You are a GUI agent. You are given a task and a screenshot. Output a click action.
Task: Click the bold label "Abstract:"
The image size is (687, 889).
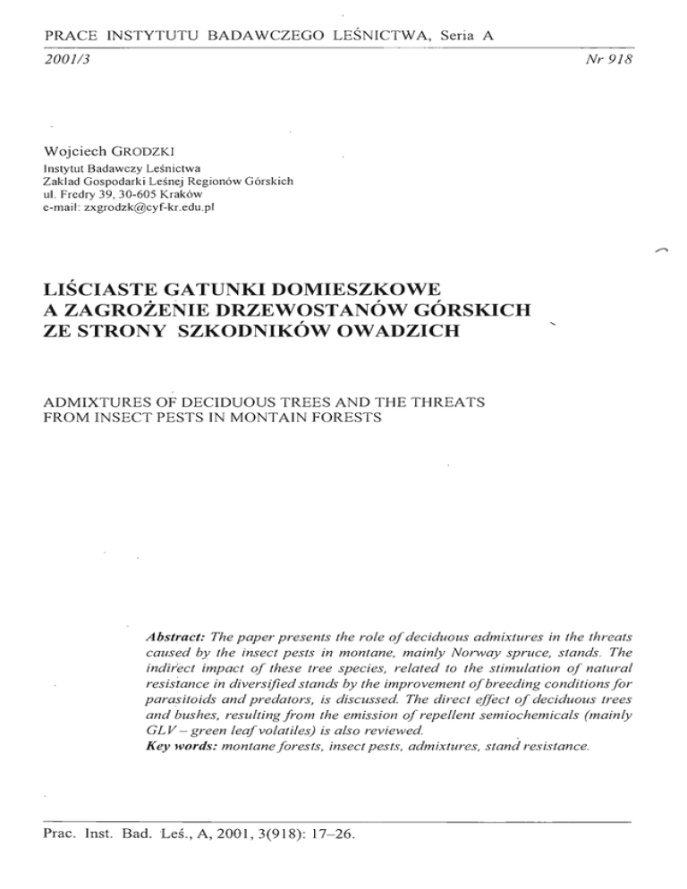click(175, 637)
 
